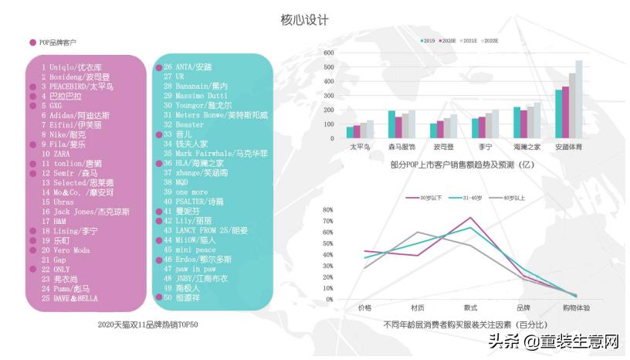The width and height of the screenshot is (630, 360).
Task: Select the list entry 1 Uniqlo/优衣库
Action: [75, 67]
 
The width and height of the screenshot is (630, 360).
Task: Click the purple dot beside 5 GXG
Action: [32, 106]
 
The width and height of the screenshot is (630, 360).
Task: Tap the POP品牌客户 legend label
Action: [58, 42]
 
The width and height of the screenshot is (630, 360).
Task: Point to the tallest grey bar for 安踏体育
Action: [578, 99]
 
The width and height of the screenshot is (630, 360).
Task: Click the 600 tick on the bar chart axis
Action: [328, 53]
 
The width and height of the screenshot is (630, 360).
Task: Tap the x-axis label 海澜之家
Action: [527, 146]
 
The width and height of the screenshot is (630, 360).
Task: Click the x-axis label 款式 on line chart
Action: [470, 307]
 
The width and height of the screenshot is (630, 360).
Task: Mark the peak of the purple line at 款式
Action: [470, 218]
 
